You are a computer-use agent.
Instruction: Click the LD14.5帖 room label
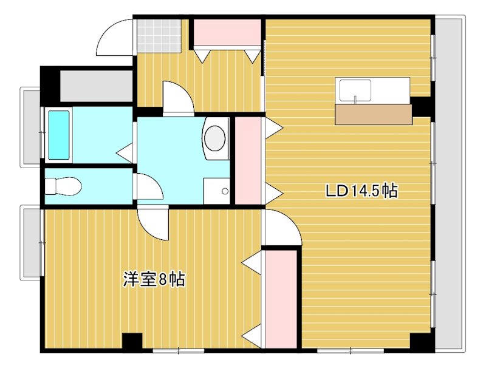(x=361, y=191)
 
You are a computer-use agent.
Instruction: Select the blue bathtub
(x=59, y=134)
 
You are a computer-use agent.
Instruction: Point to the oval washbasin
(x=214, y=137)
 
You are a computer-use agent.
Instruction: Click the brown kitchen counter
(x=372, y=114)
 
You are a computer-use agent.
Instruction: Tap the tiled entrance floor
(x=159, y=35)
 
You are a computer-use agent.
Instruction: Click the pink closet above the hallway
(x=227, y=33)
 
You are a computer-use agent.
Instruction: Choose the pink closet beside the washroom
(x=247, y=160)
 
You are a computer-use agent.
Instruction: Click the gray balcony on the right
(x=450, y=182)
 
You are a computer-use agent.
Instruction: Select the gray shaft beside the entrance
(x=96, y=86)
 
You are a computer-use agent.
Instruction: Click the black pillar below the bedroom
(x=131, y=342)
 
